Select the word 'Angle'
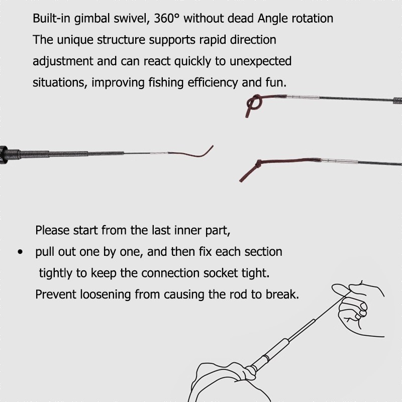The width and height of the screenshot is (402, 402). [x=272, y=19]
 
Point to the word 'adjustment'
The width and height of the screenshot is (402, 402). [x=63, y=61]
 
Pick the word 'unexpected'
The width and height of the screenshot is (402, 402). [x=260, y=61]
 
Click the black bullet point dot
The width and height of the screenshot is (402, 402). [x=20, y=252]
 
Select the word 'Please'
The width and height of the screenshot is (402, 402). [x=52, y=230]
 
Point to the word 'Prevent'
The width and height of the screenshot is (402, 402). [x=56, y=294]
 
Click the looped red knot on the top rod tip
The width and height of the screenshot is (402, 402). [x=255, y=104]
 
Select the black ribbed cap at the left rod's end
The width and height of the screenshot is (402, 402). [x=4, y=155]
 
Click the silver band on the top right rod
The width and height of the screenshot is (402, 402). [x=303, y=97]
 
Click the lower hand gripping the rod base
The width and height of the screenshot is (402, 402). [x=226, y=382]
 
